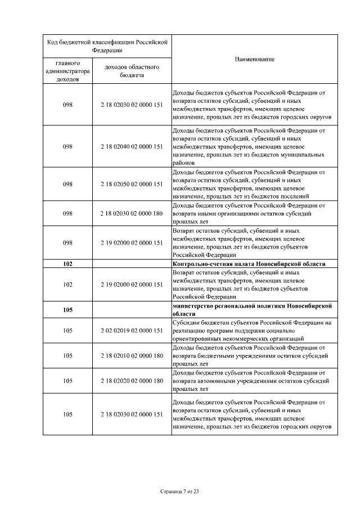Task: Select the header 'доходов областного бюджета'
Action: (x=132, y=71)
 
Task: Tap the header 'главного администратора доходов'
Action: (x=67, y=71)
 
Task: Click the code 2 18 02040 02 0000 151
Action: (x=132, y=146)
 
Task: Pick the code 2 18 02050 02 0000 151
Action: (x=132, y=184)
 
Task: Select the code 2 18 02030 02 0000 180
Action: (x=132, y=214)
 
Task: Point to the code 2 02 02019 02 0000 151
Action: (x=132, y=331)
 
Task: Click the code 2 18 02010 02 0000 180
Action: (x=132, y=355)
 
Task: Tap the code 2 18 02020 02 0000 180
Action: (x=132, y=381)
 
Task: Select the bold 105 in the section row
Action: (x=68, y=310)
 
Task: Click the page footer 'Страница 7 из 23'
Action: (x=180, y=492)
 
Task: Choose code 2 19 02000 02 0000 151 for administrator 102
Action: (x=132, y=285)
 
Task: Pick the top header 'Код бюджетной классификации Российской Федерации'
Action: (x=107, y=46)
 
